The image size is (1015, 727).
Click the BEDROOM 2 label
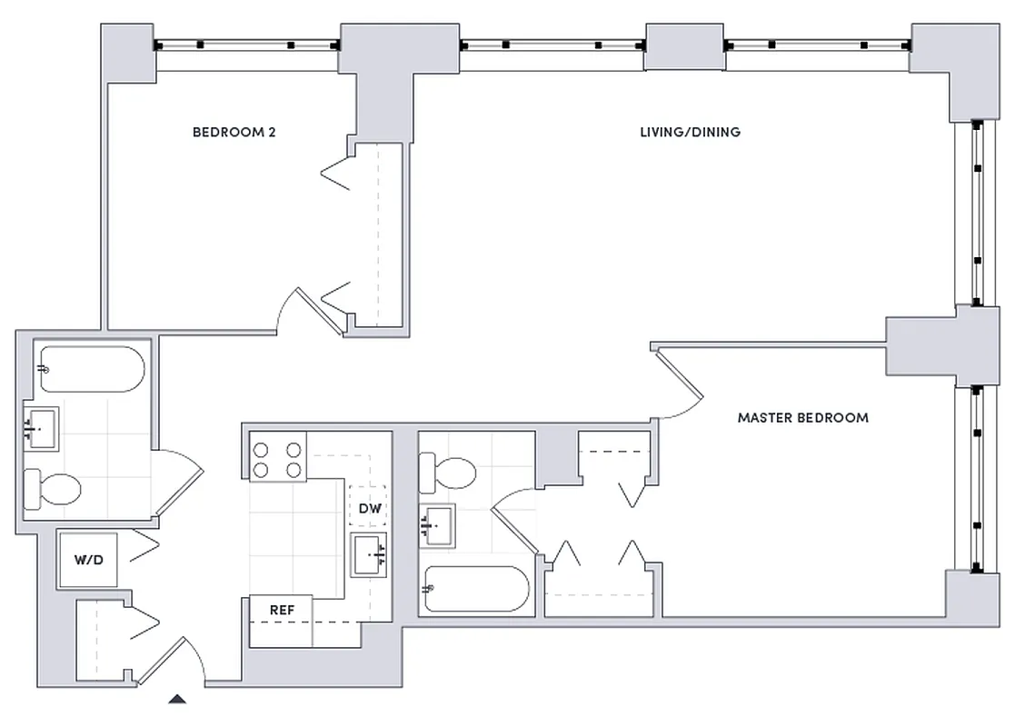click(234, 133)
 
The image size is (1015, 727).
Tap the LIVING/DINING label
click(689, 133)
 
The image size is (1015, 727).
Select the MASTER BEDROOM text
click(802, 418)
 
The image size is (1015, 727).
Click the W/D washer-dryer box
click(89, 560)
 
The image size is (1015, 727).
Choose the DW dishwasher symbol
click(370, 509)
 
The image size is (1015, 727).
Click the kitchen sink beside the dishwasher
click(370, 554)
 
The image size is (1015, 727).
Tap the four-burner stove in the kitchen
click(278, 459)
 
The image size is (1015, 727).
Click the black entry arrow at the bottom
click(179, 699)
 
